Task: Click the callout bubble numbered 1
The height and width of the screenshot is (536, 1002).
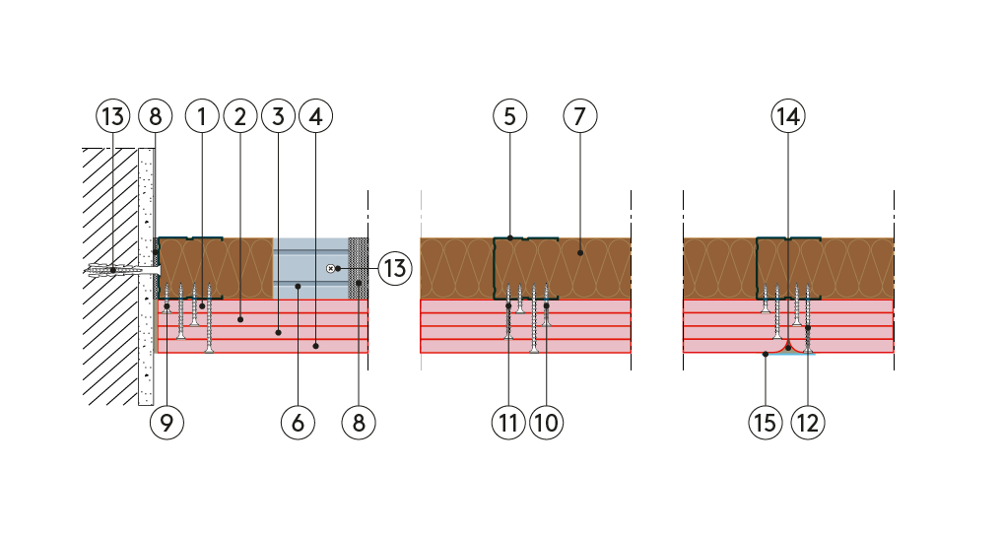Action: (202, 116)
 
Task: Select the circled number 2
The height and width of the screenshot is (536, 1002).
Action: (240, 116)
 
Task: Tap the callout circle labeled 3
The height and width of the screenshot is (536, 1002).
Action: (278, 116)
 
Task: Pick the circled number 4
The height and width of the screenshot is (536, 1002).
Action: (315, 116)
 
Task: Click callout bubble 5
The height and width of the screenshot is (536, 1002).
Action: (510, 116)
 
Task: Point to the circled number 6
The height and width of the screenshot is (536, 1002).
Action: (298, 423)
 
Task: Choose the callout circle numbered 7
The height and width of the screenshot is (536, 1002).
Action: (580, 116)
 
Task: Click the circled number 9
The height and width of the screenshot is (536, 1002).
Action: (167, 423)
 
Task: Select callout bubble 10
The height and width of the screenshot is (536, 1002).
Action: (547, 423)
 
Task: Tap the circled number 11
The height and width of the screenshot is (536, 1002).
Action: (508, 423)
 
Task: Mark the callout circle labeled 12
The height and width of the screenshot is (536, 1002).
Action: (808, 423)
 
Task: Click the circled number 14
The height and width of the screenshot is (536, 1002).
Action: (788, 116)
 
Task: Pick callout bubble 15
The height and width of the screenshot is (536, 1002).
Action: (766, 423)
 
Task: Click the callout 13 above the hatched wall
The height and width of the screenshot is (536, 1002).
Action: (113, 116)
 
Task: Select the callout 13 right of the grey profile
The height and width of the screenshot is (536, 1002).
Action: (395, 268)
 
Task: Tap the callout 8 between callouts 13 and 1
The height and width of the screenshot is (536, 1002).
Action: (156, 116)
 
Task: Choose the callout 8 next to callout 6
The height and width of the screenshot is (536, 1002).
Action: (359, 423)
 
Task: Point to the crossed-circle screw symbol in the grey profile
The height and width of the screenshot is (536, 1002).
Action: (330, 268)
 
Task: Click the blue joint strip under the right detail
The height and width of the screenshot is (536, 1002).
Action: (789, 354)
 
